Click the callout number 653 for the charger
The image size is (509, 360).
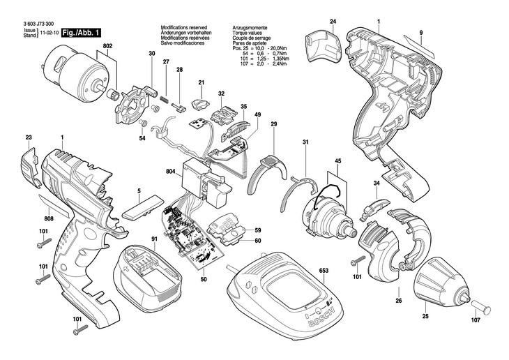click(324, 270)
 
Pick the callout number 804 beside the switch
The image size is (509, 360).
click(170, 172)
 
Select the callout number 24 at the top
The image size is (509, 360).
click(333, 23)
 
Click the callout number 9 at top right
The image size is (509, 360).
click(421, 33)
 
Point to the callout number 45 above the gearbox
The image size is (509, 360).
click(337, 162)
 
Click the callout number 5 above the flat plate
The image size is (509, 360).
click(139, 190)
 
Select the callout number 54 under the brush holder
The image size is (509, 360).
click(142, 139)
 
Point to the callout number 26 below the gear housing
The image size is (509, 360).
click(398, 301)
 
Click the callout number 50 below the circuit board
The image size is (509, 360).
click(204, 279)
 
